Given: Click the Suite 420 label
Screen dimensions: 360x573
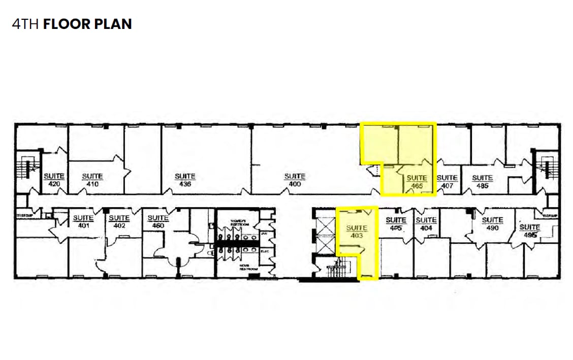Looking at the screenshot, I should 53,180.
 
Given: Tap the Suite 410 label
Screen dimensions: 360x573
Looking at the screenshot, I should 92,180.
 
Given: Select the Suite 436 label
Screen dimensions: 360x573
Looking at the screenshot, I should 185,180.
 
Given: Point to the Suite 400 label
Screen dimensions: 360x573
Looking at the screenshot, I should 295,180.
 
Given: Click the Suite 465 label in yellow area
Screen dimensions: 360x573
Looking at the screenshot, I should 417,182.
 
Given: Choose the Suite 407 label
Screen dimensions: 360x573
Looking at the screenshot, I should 447,182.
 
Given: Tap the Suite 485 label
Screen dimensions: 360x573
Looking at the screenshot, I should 482,182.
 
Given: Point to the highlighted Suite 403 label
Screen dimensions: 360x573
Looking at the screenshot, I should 357,232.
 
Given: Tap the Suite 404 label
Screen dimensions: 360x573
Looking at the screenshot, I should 426,224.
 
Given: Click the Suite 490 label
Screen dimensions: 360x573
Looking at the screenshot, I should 492,224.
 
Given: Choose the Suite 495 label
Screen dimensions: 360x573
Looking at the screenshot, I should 530,231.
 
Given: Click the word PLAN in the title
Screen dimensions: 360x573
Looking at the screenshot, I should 111,24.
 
